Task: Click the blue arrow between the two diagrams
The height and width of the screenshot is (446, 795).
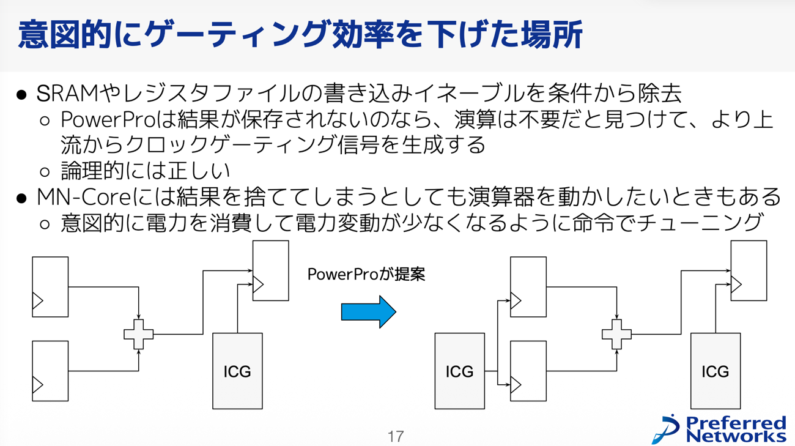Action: pyautogui.click(x=368, y=312)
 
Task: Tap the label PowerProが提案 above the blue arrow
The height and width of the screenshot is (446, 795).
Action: pyautogui.click(x=366, y=274)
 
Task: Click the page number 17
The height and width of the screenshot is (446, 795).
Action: pyautogui.click(x=396, y=436)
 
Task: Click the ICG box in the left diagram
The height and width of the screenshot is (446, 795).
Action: pyautogui.click(x=237, y=371)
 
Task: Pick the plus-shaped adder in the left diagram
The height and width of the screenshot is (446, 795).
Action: pyautogui.click(x=139, y=334)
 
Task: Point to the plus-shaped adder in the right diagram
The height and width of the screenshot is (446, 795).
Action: pyautogui.click(x=616, y=334)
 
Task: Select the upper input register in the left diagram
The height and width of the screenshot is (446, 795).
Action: pyautogui.click(x=50, y=287)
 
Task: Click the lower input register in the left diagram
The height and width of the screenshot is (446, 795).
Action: pyautogui.click(x=50, y=371)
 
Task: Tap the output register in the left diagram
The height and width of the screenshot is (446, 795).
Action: pyautogui.click(x=270, y=270)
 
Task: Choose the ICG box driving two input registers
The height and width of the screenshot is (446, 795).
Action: pyautogui.click(x=459, y=371)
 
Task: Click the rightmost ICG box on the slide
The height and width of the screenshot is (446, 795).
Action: pyautogui.click(x=715, y=371)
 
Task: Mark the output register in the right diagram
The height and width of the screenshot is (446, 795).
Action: pyautogui.click(x=749, y=270)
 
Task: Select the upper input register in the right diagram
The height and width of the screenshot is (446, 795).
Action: pyautogui.click(x=528, y=287)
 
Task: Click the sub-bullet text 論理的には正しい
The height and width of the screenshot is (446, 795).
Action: pyautogui.click(x=146, y=171)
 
